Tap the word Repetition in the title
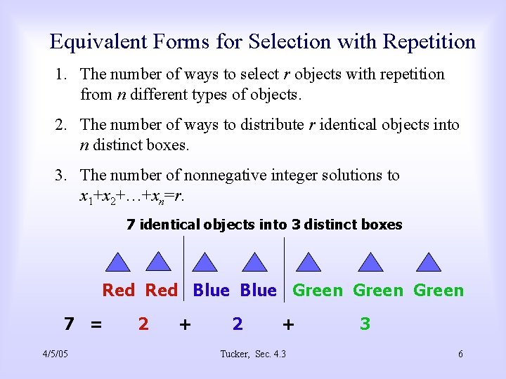(429, 42)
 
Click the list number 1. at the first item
(63, 74)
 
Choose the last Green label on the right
(439, 291)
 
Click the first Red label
(118, 291)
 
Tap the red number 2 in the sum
(143, 324)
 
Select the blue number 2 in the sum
(238, 324)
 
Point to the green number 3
(365, 324)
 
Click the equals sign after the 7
(96, 324)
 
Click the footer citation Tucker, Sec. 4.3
(253, 354)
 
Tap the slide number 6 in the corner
(460, 354)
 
